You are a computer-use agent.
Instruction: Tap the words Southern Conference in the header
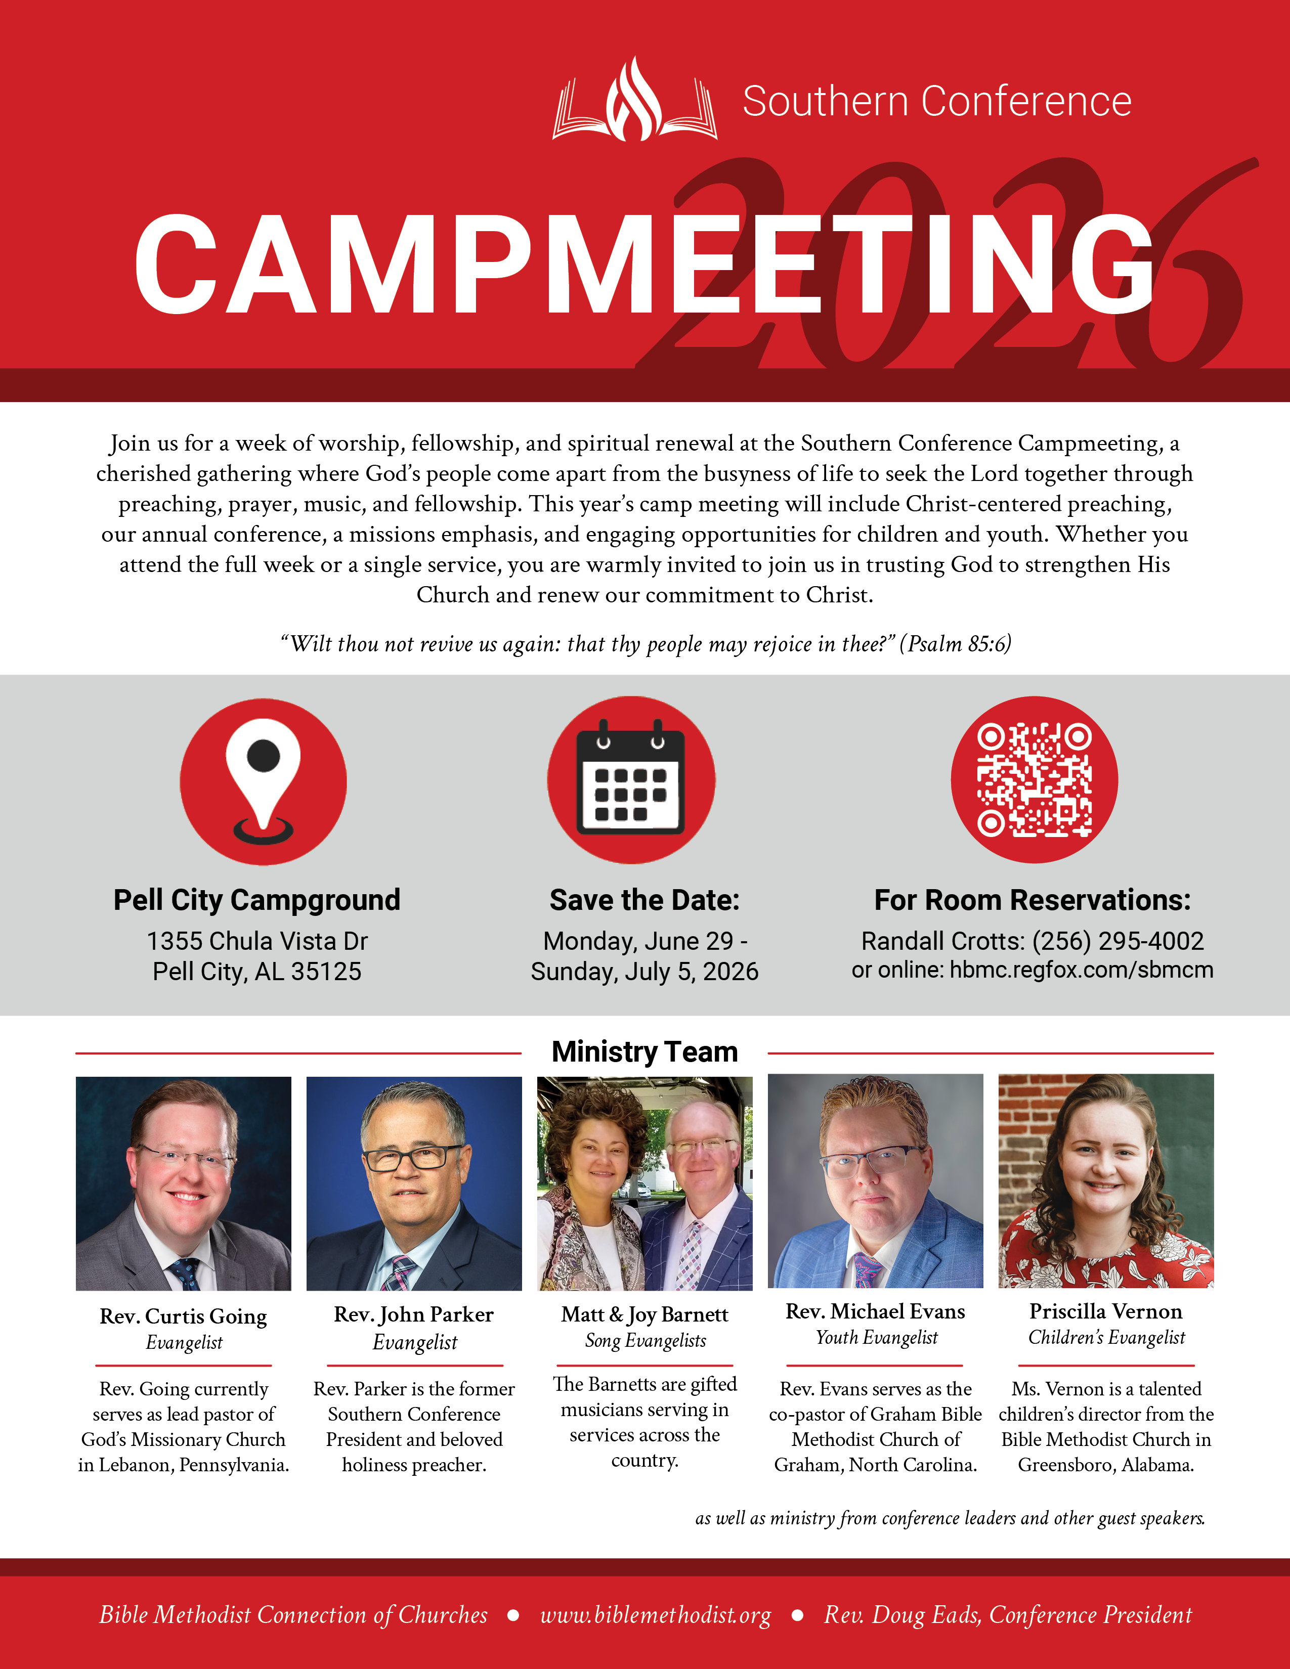937,102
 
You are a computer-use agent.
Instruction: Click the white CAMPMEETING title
644,265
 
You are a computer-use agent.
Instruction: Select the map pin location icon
263,781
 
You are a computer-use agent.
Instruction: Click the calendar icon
631,779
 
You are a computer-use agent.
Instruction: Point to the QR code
1034,779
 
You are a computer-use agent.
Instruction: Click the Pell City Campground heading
257,900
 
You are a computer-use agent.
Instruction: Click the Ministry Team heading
644,1051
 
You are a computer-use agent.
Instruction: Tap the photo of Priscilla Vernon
1106,1180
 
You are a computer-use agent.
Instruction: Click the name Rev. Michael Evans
875,1311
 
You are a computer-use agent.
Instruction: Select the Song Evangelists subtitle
645,1340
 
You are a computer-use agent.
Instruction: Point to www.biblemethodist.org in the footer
655,1615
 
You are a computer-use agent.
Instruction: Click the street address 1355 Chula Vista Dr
257,941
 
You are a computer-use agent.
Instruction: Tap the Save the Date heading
644,900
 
